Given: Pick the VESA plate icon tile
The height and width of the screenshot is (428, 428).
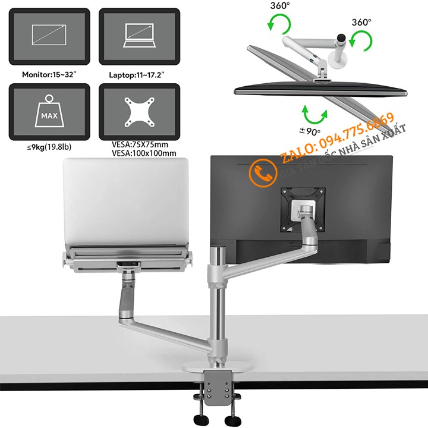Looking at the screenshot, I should [139, 111].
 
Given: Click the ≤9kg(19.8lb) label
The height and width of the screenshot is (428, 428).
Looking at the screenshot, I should [39, 146].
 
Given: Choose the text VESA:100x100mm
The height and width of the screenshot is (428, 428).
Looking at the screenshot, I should [143, 153].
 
